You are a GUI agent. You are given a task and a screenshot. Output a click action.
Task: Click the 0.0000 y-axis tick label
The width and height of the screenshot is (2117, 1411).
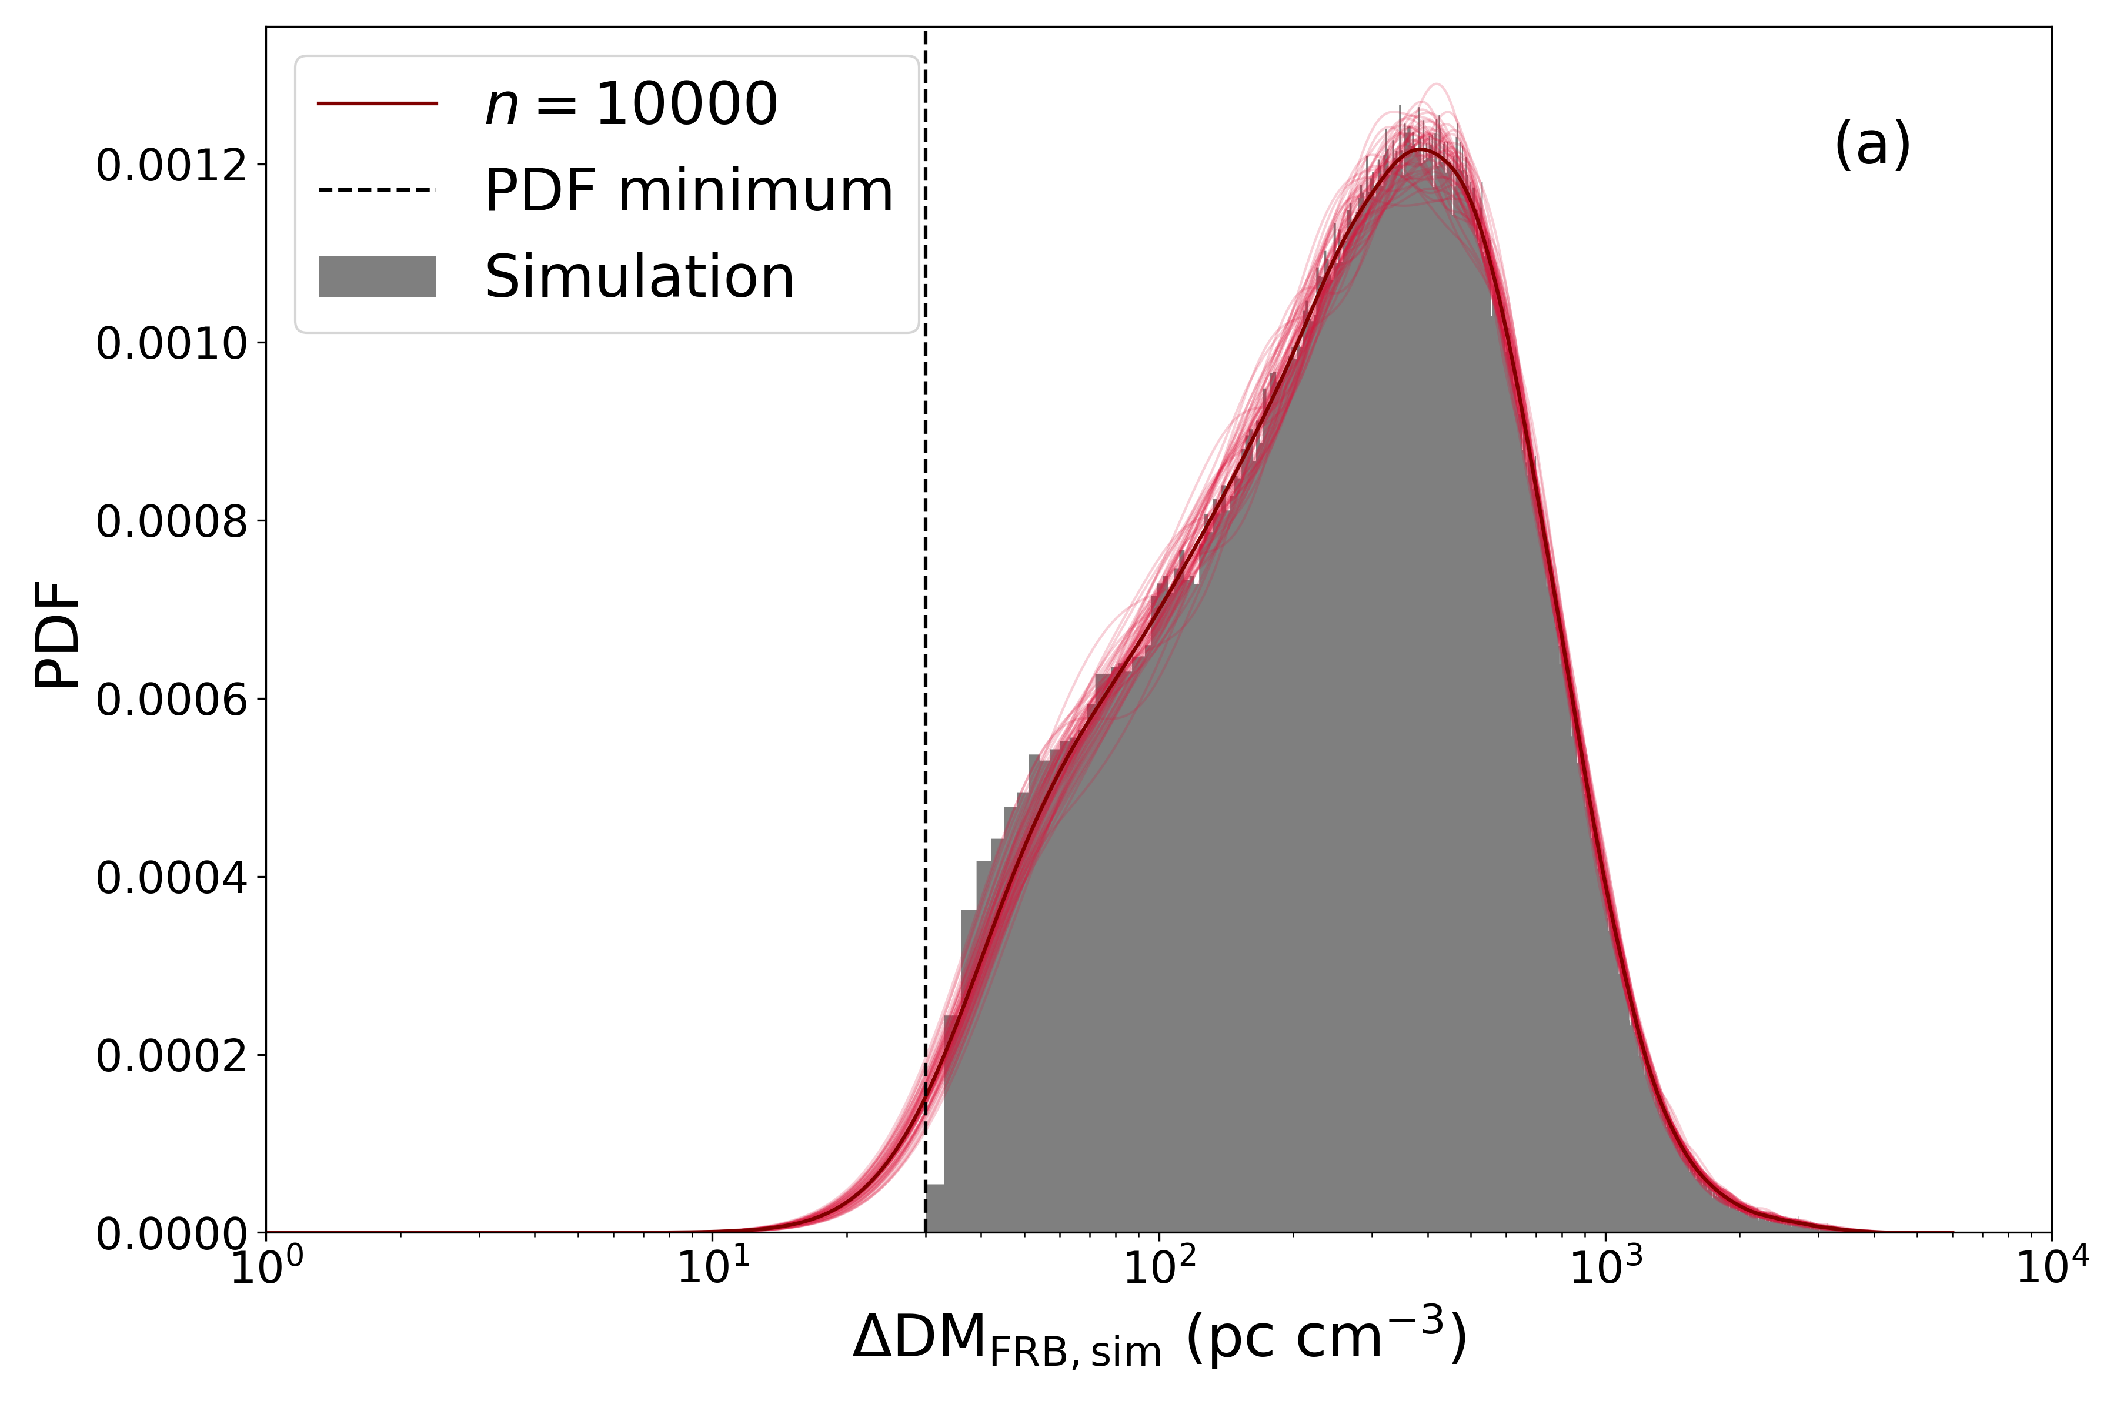(x=171, y=1233)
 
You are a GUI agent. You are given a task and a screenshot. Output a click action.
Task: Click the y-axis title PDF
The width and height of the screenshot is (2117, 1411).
(x=58, y=634)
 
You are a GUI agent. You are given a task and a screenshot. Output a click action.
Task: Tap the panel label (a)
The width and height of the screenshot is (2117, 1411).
(x=1872, y=144)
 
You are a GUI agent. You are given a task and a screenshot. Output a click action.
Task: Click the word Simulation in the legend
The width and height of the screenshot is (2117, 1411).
(x=640, y=276)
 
